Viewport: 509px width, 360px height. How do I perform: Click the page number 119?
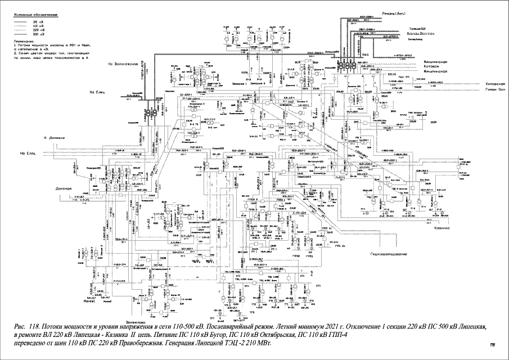click(493, 345)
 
